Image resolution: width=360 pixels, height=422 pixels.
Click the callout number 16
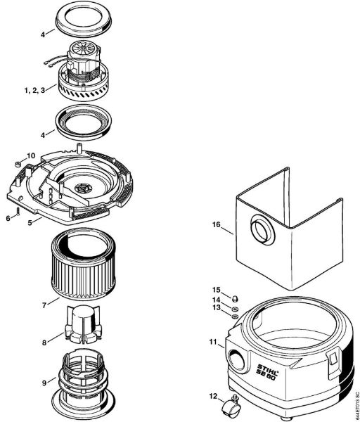(217, 224)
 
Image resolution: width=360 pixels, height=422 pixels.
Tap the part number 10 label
(31, 156)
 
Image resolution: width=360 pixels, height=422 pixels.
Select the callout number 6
(8, 218)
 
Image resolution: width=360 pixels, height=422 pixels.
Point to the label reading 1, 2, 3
(34, 91)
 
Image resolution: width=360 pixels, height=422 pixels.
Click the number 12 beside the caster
(213, 397)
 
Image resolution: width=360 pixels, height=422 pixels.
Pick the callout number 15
(217, 290)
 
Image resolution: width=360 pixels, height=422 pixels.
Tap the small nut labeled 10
(18, 164)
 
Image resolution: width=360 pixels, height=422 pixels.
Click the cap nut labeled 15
(235, 298)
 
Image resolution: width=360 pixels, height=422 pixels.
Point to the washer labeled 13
(235, 316)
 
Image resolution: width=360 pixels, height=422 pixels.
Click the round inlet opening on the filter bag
(262, 230)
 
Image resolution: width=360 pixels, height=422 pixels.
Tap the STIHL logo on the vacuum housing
(268, 368)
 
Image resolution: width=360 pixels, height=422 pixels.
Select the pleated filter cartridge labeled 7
(83, 264)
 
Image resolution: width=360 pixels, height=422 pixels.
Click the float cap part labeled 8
(83, 324)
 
